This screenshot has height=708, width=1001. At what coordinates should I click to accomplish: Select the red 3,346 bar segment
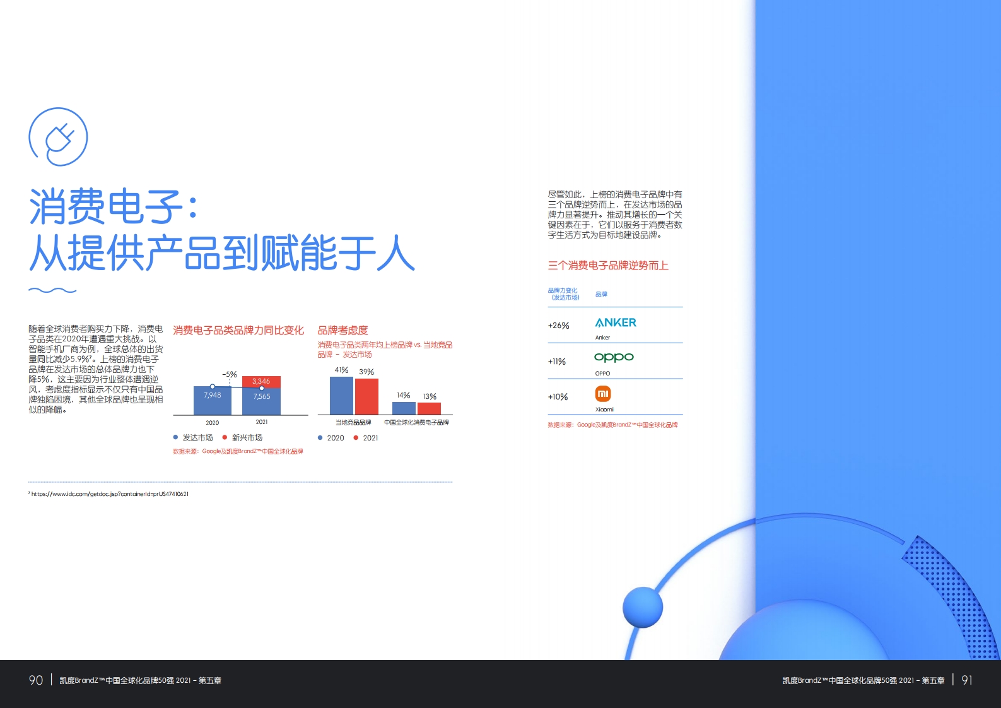click(261, 382)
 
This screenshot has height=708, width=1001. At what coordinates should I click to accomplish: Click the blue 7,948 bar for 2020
click(213, 401)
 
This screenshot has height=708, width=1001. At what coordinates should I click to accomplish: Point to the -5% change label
click(230, 375)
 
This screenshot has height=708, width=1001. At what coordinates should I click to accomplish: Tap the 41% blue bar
click(341, 396)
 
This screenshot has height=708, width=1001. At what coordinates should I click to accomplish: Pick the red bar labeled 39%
click(367, 396)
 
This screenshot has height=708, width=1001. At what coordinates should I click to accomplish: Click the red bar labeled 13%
click(429, 408)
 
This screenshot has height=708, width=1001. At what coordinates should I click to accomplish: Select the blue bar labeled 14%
click(404, 408)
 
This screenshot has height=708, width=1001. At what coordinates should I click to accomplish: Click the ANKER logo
click(616, 322)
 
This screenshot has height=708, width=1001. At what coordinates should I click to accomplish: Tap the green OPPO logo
click(614, 357)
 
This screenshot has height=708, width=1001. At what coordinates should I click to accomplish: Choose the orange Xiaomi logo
click(603, 394)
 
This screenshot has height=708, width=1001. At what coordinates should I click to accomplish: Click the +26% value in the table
click(559, 326)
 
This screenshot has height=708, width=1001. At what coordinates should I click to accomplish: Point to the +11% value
click(557, 361)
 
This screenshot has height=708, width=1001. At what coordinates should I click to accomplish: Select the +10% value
click(558, 397)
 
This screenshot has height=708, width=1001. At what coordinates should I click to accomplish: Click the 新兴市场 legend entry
click(243, 437)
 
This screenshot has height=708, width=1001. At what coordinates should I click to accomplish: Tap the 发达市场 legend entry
click(193, 437)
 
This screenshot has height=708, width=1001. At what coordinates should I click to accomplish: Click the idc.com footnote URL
click(110, 494)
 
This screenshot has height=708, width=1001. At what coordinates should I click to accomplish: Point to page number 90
click(36, 680)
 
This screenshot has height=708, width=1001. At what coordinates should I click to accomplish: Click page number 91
click(966, 680)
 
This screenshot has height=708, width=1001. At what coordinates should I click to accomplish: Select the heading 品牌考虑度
click(342, 330)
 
